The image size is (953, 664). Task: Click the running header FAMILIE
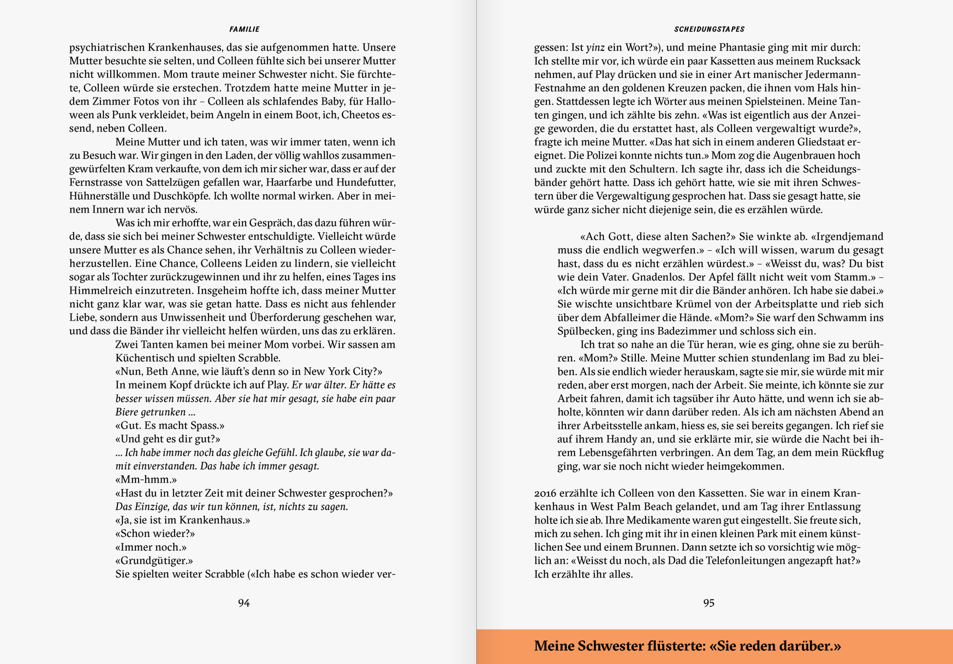click(x=244, y=29)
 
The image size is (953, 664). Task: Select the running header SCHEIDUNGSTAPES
click(x=709, y=29)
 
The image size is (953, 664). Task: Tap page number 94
click(x=244, y=603)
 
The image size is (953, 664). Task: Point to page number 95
click(x=709, y=603)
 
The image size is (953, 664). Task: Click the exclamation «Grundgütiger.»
click(x=154, y=561)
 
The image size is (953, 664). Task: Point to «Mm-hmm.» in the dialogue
click(x=146, y=480)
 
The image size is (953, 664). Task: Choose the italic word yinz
click(x=595, y=48)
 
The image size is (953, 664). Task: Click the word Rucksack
click(x=838, y=61)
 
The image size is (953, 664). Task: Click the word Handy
click(x=622, y=439)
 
